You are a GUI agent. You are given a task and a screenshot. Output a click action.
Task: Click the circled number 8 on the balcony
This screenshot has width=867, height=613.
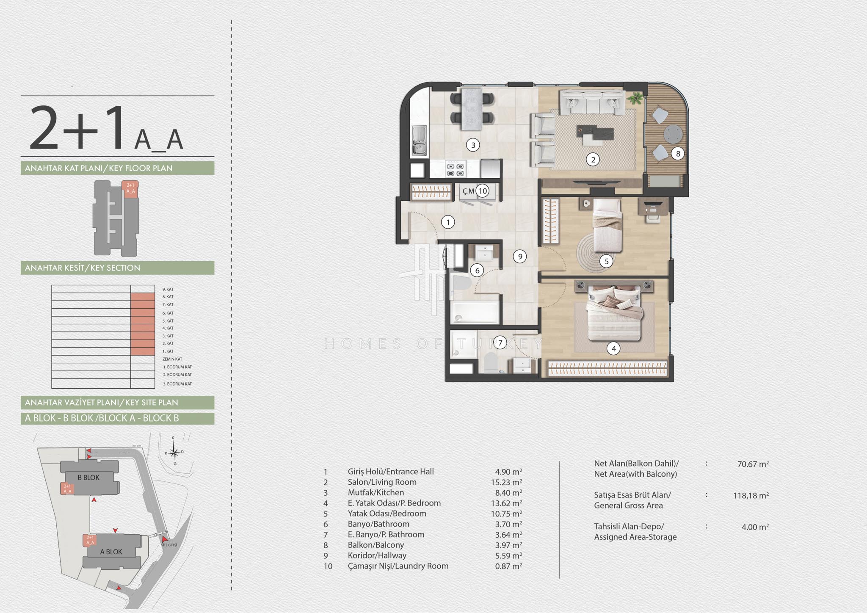(x=678, y=154)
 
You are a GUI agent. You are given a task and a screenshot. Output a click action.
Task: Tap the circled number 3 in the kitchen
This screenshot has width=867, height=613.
(x=473, y=145)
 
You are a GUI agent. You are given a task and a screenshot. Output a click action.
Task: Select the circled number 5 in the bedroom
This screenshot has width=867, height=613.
(x=606, y=261)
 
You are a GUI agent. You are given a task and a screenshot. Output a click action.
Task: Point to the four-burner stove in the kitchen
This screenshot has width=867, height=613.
(x=456, y=169)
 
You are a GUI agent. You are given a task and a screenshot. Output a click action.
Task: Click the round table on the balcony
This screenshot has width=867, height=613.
(x=673, y=134)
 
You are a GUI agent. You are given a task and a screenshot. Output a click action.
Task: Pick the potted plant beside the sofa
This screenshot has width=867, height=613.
(x=635, y=98)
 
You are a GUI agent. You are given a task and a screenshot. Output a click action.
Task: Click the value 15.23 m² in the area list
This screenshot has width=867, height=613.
(x=508, y=482)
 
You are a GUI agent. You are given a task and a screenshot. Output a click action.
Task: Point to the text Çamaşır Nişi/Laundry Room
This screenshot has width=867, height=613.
(x=398, y=566)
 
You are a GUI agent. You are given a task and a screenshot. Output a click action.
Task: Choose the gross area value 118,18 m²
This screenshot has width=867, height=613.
(x=751, y=495)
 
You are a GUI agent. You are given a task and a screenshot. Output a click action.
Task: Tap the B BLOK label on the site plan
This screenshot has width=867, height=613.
(x=88, y=478)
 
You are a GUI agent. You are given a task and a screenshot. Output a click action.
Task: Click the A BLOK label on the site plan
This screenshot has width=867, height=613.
(x=111, y=552)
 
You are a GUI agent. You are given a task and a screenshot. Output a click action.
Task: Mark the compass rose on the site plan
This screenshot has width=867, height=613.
(x=174, y=452)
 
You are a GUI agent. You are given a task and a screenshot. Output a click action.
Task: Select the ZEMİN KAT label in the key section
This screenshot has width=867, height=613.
(x=172, y=359)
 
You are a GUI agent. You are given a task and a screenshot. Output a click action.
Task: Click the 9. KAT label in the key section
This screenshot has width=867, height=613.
(x=168, y=290)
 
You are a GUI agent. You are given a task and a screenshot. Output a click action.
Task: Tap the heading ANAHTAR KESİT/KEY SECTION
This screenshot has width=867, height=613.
(x=83, y=268)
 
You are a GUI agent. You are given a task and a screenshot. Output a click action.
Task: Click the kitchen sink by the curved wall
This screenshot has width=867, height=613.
(x=419, y=140)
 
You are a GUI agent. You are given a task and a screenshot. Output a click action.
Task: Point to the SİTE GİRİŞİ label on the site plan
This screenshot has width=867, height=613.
(x=169, y=545)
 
